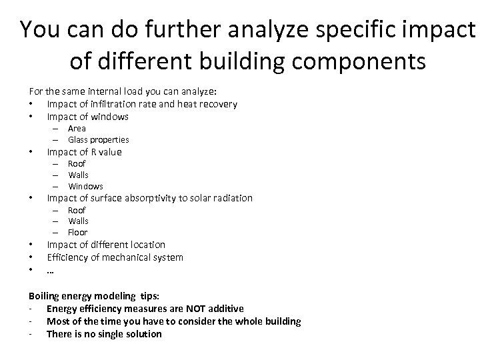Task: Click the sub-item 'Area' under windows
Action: click(x=77, y=128)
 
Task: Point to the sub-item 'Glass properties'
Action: click(x=98, y=139)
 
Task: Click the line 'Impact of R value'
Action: click(x=84, y=151)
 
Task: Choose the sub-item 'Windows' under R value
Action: click(x=85, y=186)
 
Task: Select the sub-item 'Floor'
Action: click(x=78, y=232)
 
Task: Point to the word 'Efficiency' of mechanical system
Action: click(x=68, y=257)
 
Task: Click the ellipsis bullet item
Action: click(x=50, y=270)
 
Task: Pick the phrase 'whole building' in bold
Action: click(x=267, y=321)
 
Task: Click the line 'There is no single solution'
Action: click(x=104, y=333)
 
